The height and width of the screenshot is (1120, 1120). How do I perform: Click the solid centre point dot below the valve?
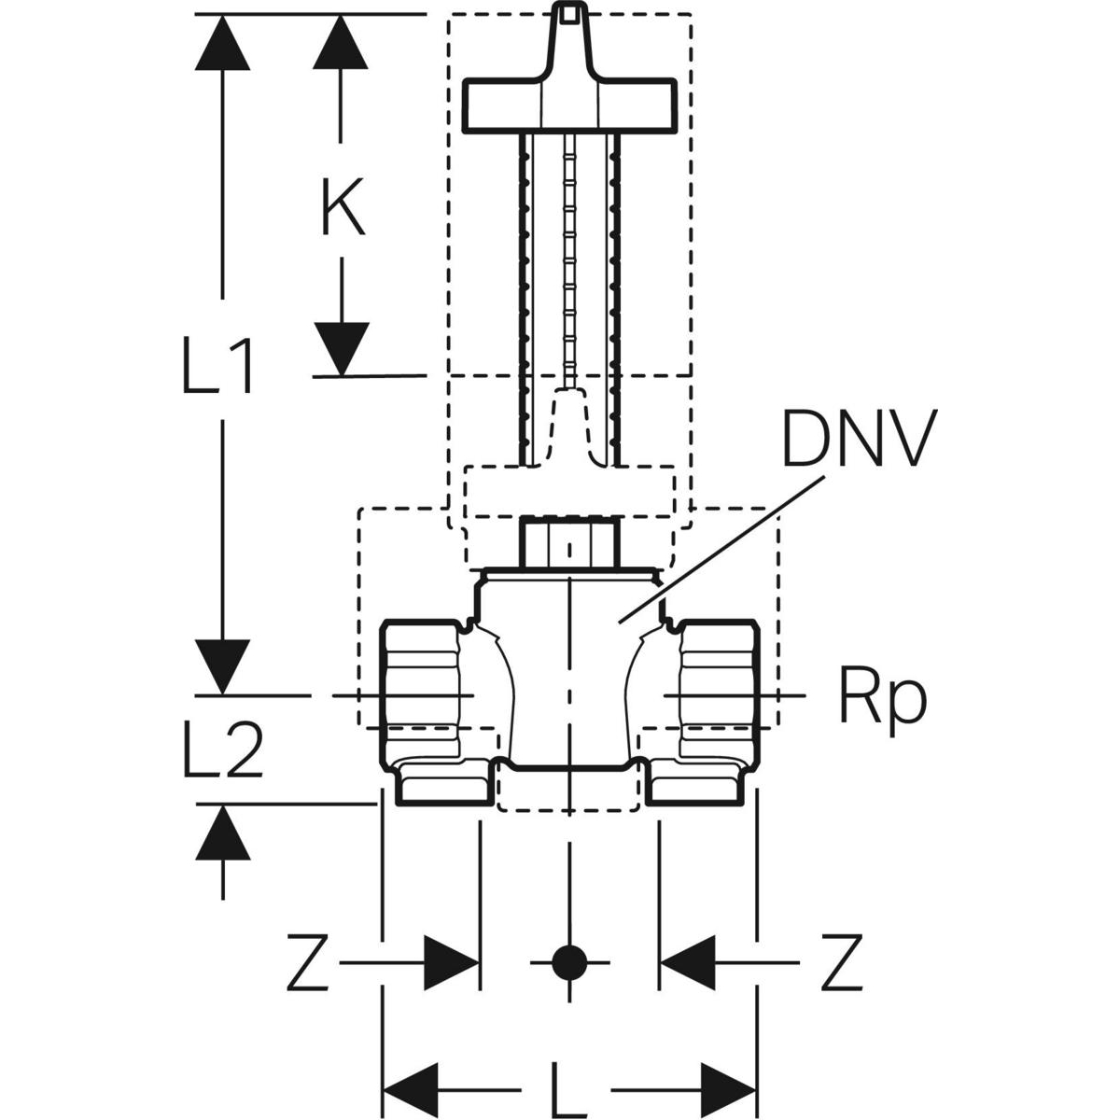click(x=567, y=962)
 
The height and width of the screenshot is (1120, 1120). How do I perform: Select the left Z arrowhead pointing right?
click(x=451, y=962)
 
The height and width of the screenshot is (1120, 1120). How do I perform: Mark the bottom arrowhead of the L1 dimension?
click(x=222, y=666)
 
